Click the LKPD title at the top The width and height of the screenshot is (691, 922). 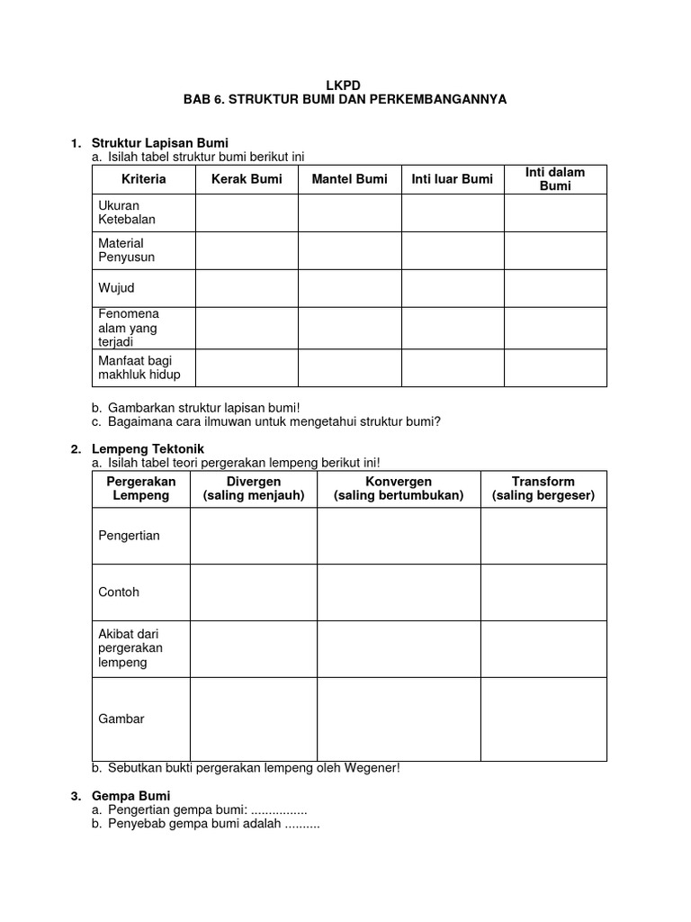click(x=346, y=85)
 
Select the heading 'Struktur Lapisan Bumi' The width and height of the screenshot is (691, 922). click(x=160, y=143)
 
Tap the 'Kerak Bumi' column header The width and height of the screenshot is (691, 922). click(x=247, y=179)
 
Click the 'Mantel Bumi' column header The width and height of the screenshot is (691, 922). click(x=349, y=179)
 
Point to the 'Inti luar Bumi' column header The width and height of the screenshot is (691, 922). click(x=452, y=179)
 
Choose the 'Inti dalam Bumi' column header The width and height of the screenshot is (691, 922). click(x=555, y=179)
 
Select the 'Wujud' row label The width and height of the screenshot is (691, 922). click(x=116, y=288)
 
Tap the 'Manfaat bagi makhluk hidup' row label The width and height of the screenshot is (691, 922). click(x=128, y=367)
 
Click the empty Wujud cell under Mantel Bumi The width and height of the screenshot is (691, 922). click(x=349, y=288)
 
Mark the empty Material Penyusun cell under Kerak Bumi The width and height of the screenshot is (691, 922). click(x=247, y=250)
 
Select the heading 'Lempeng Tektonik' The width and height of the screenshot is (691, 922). click(x=148, y=448)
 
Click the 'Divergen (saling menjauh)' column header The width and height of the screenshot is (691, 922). click(x=254, y=489)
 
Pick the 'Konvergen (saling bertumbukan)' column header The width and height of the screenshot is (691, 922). click(x=399, y=489)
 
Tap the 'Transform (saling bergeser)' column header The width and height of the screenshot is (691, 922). click(x=543, y=489)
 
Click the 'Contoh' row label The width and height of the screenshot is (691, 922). click(x=118, y=592)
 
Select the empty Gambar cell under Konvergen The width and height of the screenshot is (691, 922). click(x=399, y=719)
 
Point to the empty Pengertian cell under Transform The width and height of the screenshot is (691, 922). click(x=543, y=536)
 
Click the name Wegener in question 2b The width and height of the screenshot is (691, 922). click(x=370, y=768)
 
